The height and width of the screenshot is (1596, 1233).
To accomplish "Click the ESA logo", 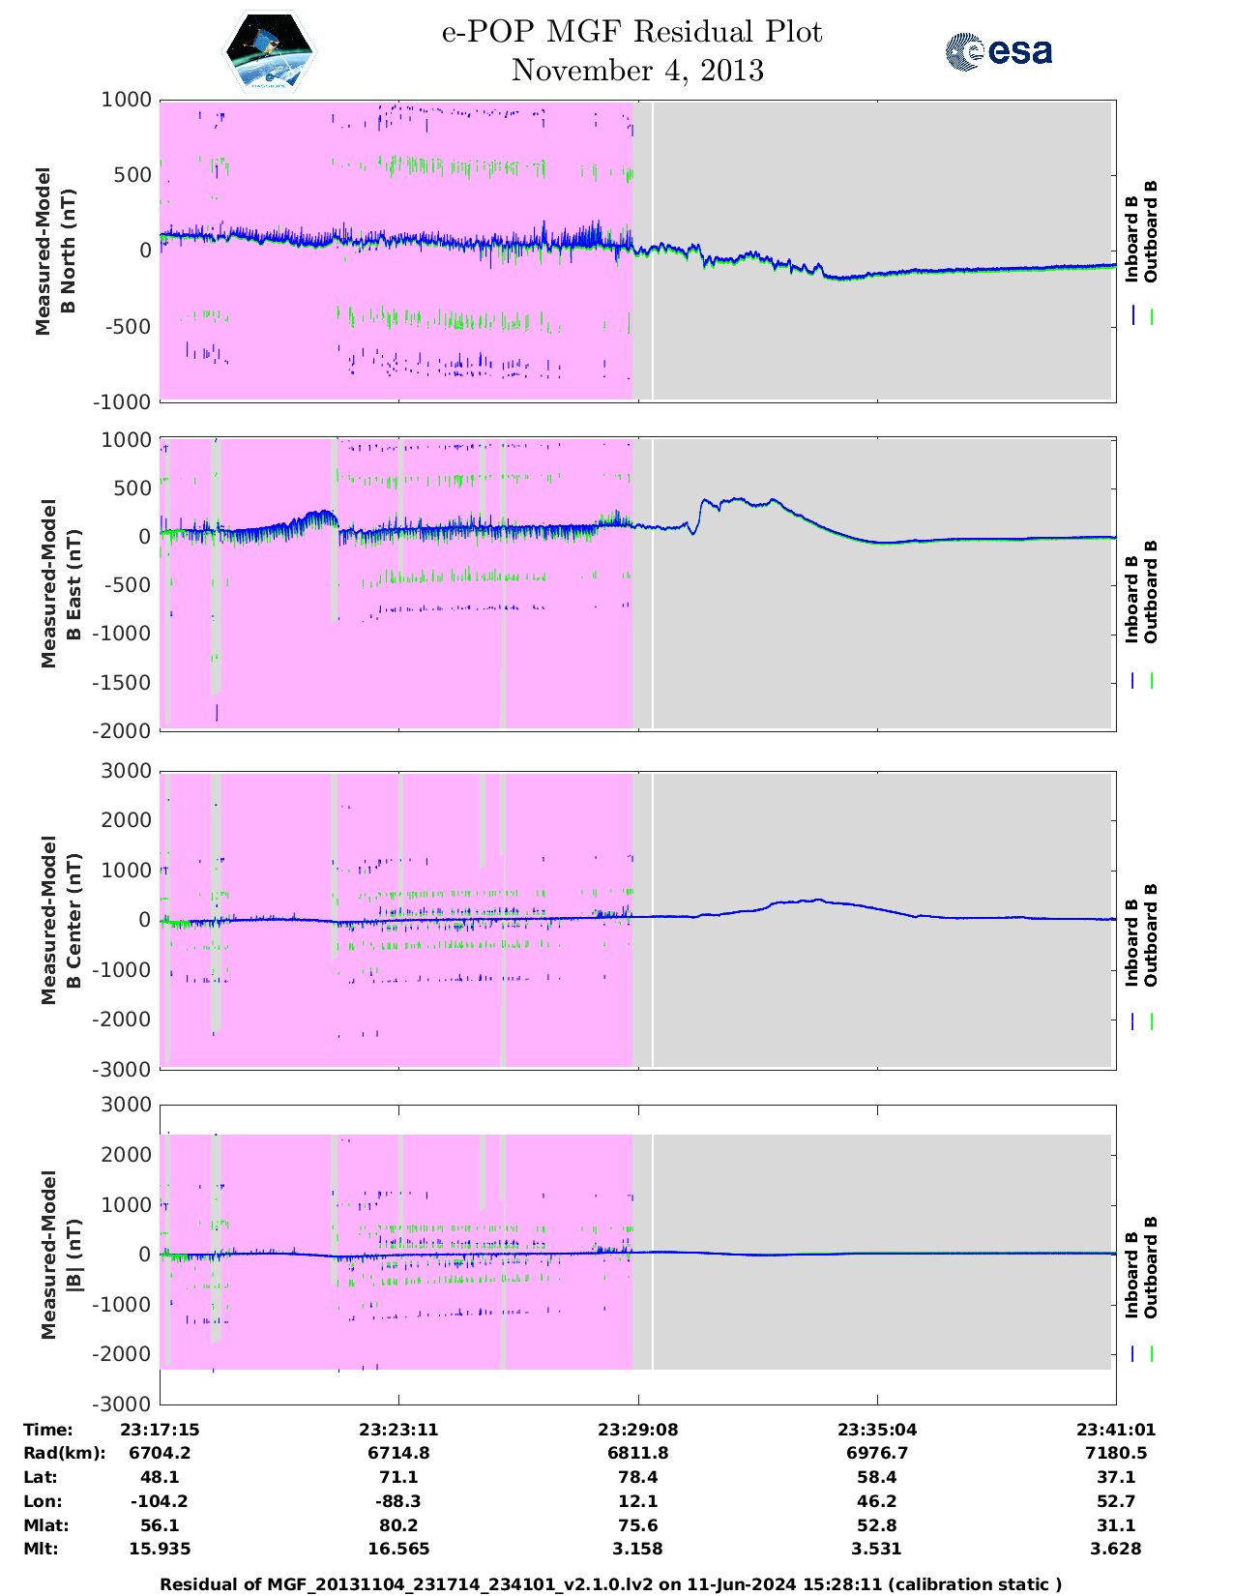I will click(999, 51).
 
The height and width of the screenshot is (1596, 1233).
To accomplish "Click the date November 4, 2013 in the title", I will click(637, 71).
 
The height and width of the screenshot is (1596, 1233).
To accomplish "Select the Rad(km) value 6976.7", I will click(877, 1453).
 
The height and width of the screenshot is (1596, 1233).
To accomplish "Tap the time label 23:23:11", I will click(399, 1430).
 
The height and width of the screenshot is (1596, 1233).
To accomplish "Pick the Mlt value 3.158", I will click(638, 1549).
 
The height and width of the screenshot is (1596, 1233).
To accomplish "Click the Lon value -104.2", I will click(160, 1501).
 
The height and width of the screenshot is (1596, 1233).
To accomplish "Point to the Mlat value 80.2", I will click(399, 1525).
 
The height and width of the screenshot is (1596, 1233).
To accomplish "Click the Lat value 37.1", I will click(1116, 1477).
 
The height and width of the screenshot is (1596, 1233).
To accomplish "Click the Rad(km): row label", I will click(65, 1453).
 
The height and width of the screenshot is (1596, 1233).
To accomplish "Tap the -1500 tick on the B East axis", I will click(123, 682).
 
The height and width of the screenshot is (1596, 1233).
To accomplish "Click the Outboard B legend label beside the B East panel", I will click(1151, 592).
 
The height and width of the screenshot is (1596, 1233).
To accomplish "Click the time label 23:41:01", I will click(1116, 1430).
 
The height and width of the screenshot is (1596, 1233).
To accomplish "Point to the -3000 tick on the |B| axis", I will click(123, 1404).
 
